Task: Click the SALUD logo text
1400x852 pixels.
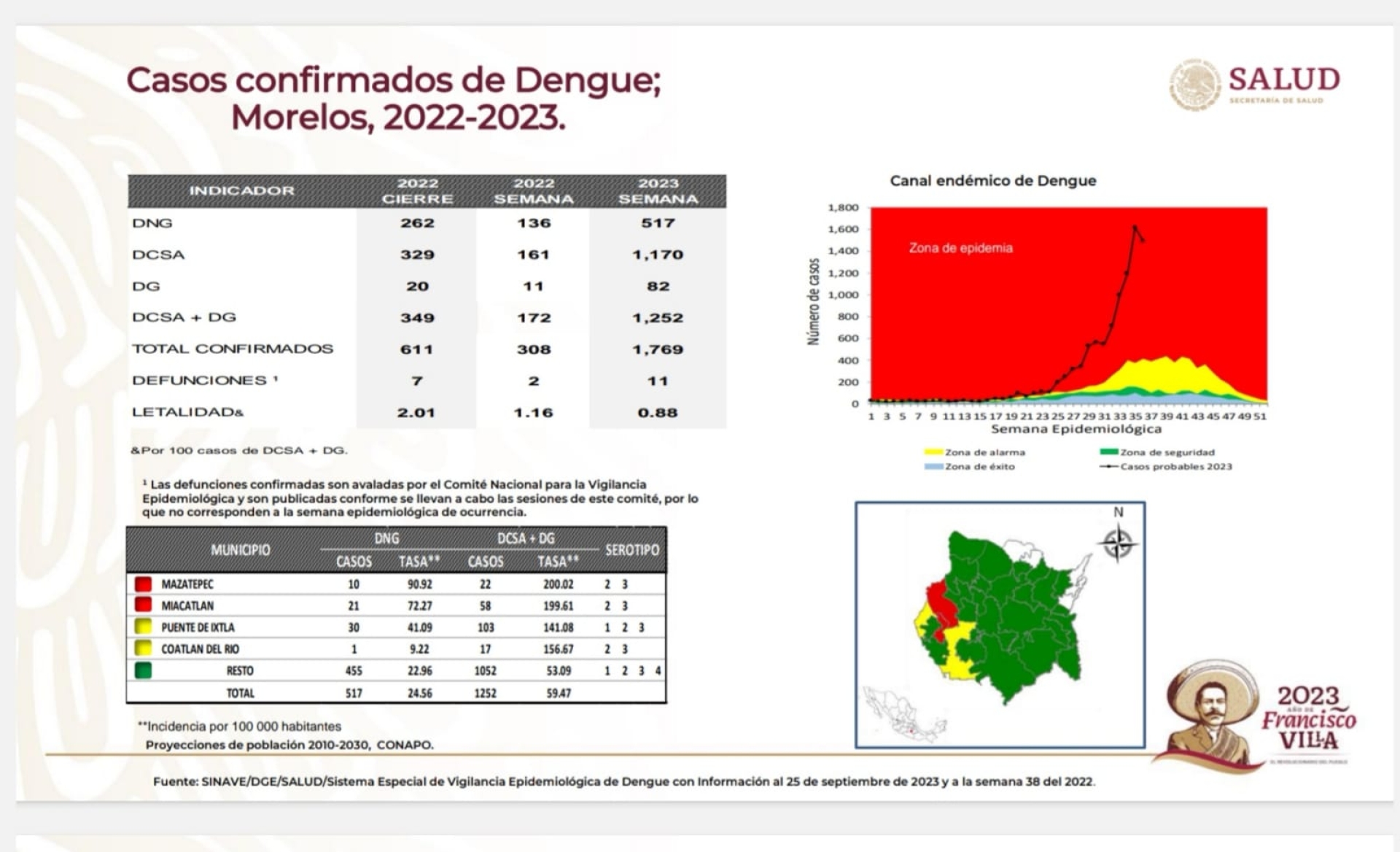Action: coord(1284,79)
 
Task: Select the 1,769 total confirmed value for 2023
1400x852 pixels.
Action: coord(658,349)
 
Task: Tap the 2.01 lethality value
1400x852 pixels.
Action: coord(416,413)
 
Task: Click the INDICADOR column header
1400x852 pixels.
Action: coord(242,191)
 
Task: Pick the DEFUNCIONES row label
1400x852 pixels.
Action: coord(199,381)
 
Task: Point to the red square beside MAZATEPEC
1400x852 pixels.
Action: coord(143,584)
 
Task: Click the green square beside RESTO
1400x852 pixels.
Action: coord(143,670)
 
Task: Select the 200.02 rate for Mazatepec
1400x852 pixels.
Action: coord(558,584)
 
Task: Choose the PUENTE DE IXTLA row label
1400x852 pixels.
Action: coord(198,627)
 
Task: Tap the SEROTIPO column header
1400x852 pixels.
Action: coord(631,550)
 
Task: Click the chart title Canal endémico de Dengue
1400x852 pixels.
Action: coord(992,181)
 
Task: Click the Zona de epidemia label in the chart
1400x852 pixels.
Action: coord(960,248)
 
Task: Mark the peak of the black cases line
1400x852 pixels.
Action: coord(1135,227)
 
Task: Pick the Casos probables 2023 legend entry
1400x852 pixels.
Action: coord(1175,467)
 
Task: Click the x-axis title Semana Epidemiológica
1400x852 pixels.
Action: coord(1076,429)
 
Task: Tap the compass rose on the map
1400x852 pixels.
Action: coord(1118,543)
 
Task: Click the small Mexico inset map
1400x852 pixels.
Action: coord(904,714)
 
